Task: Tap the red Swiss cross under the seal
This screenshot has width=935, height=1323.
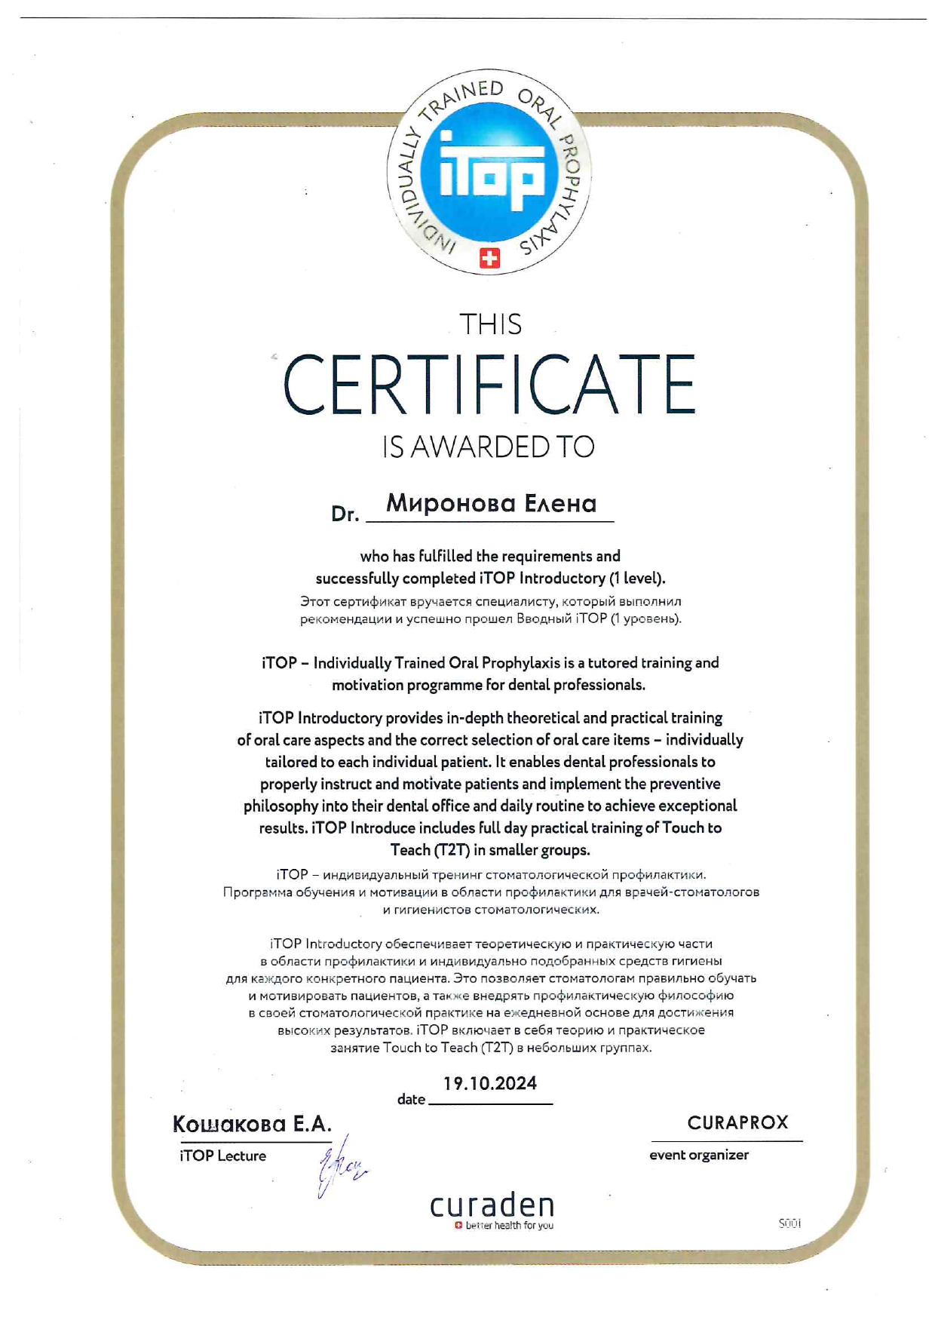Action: tap(489, 259)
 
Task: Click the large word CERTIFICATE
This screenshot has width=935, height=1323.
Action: tap(489, 385)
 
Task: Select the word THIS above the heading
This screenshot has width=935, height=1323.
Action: tap(490, 324)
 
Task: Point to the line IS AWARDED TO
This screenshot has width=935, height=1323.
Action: tap(489, 447)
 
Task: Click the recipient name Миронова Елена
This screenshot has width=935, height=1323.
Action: tap(491, 503)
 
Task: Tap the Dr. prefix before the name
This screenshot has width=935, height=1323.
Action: tap(345, 514)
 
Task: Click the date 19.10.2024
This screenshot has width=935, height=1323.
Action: tap(490, 1084)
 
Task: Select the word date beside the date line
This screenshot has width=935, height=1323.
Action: tap(411, 1100)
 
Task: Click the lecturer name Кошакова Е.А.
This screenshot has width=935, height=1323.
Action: tap(252, 1125)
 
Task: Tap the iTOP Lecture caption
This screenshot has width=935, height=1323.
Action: tap(222, 1156)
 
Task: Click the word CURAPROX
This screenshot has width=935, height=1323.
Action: tap(737, 1122)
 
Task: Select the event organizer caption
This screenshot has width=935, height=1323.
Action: tap(699, 1155)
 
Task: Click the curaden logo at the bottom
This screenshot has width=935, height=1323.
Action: tap(492, 1205)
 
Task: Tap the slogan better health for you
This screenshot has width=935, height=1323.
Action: tap(509, 1226)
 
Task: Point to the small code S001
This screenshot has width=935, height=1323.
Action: tap(789, 1223)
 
